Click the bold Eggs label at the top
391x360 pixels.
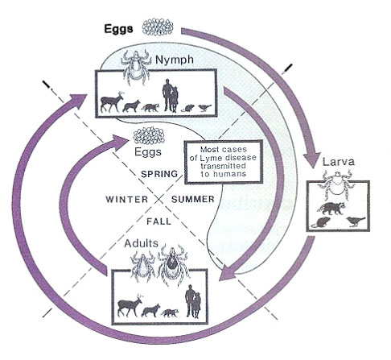tap(118, 29)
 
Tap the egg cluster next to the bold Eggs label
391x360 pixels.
tap(158, 27)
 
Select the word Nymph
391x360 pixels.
tap(175, 60)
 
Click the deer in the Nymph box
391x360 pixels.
tap(112, 101)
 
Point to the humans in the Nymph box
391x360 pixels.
tap(171, 95)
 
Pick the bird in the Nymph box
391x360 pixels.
tap(205, 108)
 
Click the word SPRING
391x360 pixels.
tap(159, 174)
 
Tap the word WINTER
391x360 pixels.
tap(126, 200)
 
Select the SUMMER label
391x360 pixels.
tap(193, 200)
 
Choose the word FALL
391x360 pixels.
tap(158, 221)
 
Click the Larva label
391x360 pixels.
tap(339, 162)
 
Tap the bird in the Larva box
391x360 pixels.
tap(356, 221)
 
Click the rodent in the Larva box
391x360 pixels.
tap(321, 222)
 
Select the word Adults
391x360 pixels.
tap(142, 243)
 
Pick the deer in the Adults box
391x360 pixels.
tap(130, 305)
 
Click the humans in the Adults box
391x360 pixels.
tap(193, 301)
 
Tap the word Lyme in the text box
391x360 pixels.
tap(210, 158)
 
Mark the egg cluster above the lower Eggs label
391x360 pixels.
tap(149, 135)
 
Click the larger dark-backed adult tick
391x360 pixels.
tap(173, 264)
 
